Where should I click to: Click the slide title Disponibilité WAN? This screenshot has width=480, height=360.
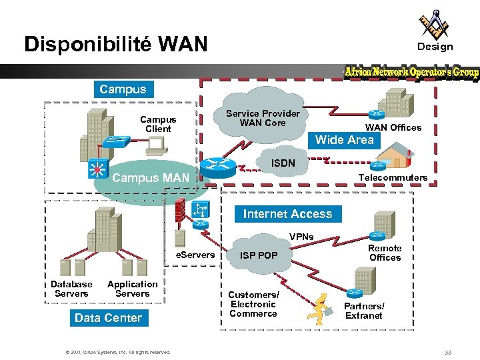coord(116,44)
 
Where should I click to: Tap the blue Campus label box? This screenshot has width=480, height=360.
coord(122,89)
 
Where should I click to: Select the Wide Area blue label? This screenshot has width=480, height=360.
coord(344,139)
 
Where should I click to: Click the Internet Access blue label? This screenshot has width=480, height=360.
coord(287,214)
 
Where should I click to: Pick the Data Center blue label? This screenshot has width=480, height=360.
coord(108,318)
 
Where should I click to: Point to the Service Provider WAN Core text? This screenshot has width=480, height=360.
coord(263,118)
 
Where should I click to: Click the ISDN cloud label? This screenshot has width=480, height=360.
coord(283,163)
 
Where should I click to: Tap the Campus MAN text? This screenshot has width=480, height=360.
coord(151,178)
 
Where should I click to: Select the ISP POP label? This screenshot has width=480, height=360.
coord(259,255)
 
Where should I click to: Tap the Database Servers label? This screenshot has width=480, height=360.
coord(71,289)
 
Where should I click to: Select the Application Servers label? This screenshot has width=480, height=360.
coord(132,289)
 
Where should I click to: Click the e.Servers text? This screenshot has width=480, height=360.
coord(195,255)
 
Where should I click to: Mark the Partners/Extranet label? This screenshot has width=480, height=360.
coord(364,311)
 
